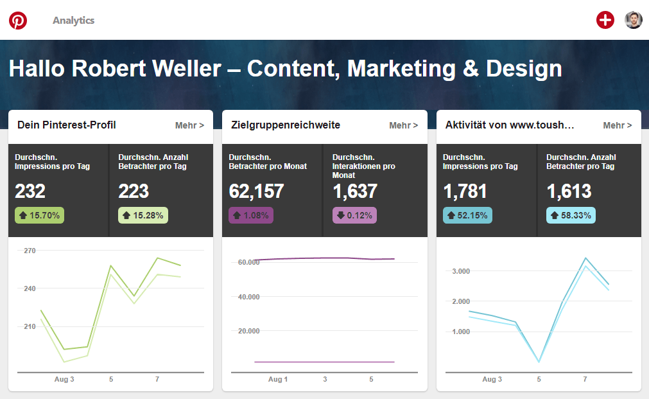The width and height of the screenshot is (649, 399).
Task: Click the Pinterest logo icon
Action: click(x=18, y=21)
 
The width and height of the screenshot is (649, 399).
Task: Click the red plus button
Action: click(x=605, y=20)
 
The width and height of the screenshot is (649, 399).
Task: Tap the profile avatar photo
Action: click(x=634, y=20)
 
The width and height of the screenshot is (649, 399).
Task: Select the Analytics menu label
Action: click(x=73, y=21)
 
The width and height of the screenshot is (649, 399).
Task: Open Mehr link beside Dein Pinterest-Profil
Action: click(x=189, y=125)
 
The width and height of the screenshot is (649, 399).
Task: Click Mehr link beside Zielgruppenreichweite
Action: click(x=403, y=125)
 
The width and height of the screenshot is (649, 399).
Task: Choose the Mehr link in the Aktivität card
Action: click(x=618, y=125)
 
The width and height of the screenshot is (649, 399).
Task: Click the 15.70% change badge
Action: click(x=39, y=215)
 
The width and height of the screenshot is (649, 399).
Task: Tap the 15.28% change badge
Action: click(x=143, y=215)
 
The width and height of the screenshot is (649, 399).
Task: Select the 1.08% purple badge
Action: click(x=251, y=215)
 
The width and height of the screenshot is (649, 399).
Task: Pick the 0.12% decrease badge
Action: click(x=354, y=215)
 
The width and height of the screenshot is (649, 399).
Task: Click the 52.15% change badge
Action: click(x=467, y=215)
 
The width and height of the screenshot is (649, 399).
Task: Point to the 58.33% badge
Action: click(x=571, y=215)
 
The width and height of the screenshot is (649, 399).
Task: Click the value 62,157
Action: click(x=256, y=191)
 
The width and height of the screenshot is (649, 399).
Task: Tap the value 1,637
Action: click(x=355, y=191)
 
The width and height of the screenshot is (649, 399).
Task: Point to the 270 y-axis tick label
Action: click(x=30, y=251)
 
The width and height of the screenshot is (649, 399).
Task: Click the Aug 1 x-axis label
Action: click(x=278, y=380)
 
